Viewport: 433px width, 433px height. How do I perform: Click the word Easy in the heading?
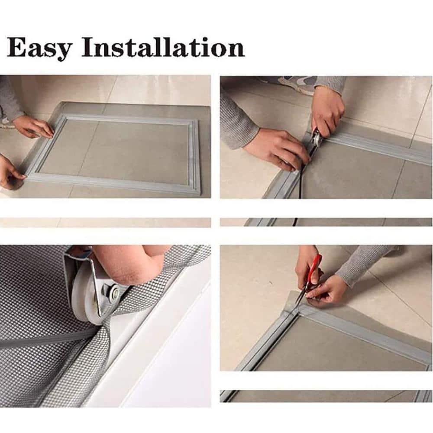(39, 48)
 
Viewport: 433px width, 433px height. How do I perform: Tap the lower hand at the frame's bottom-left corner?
(11, 174)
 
